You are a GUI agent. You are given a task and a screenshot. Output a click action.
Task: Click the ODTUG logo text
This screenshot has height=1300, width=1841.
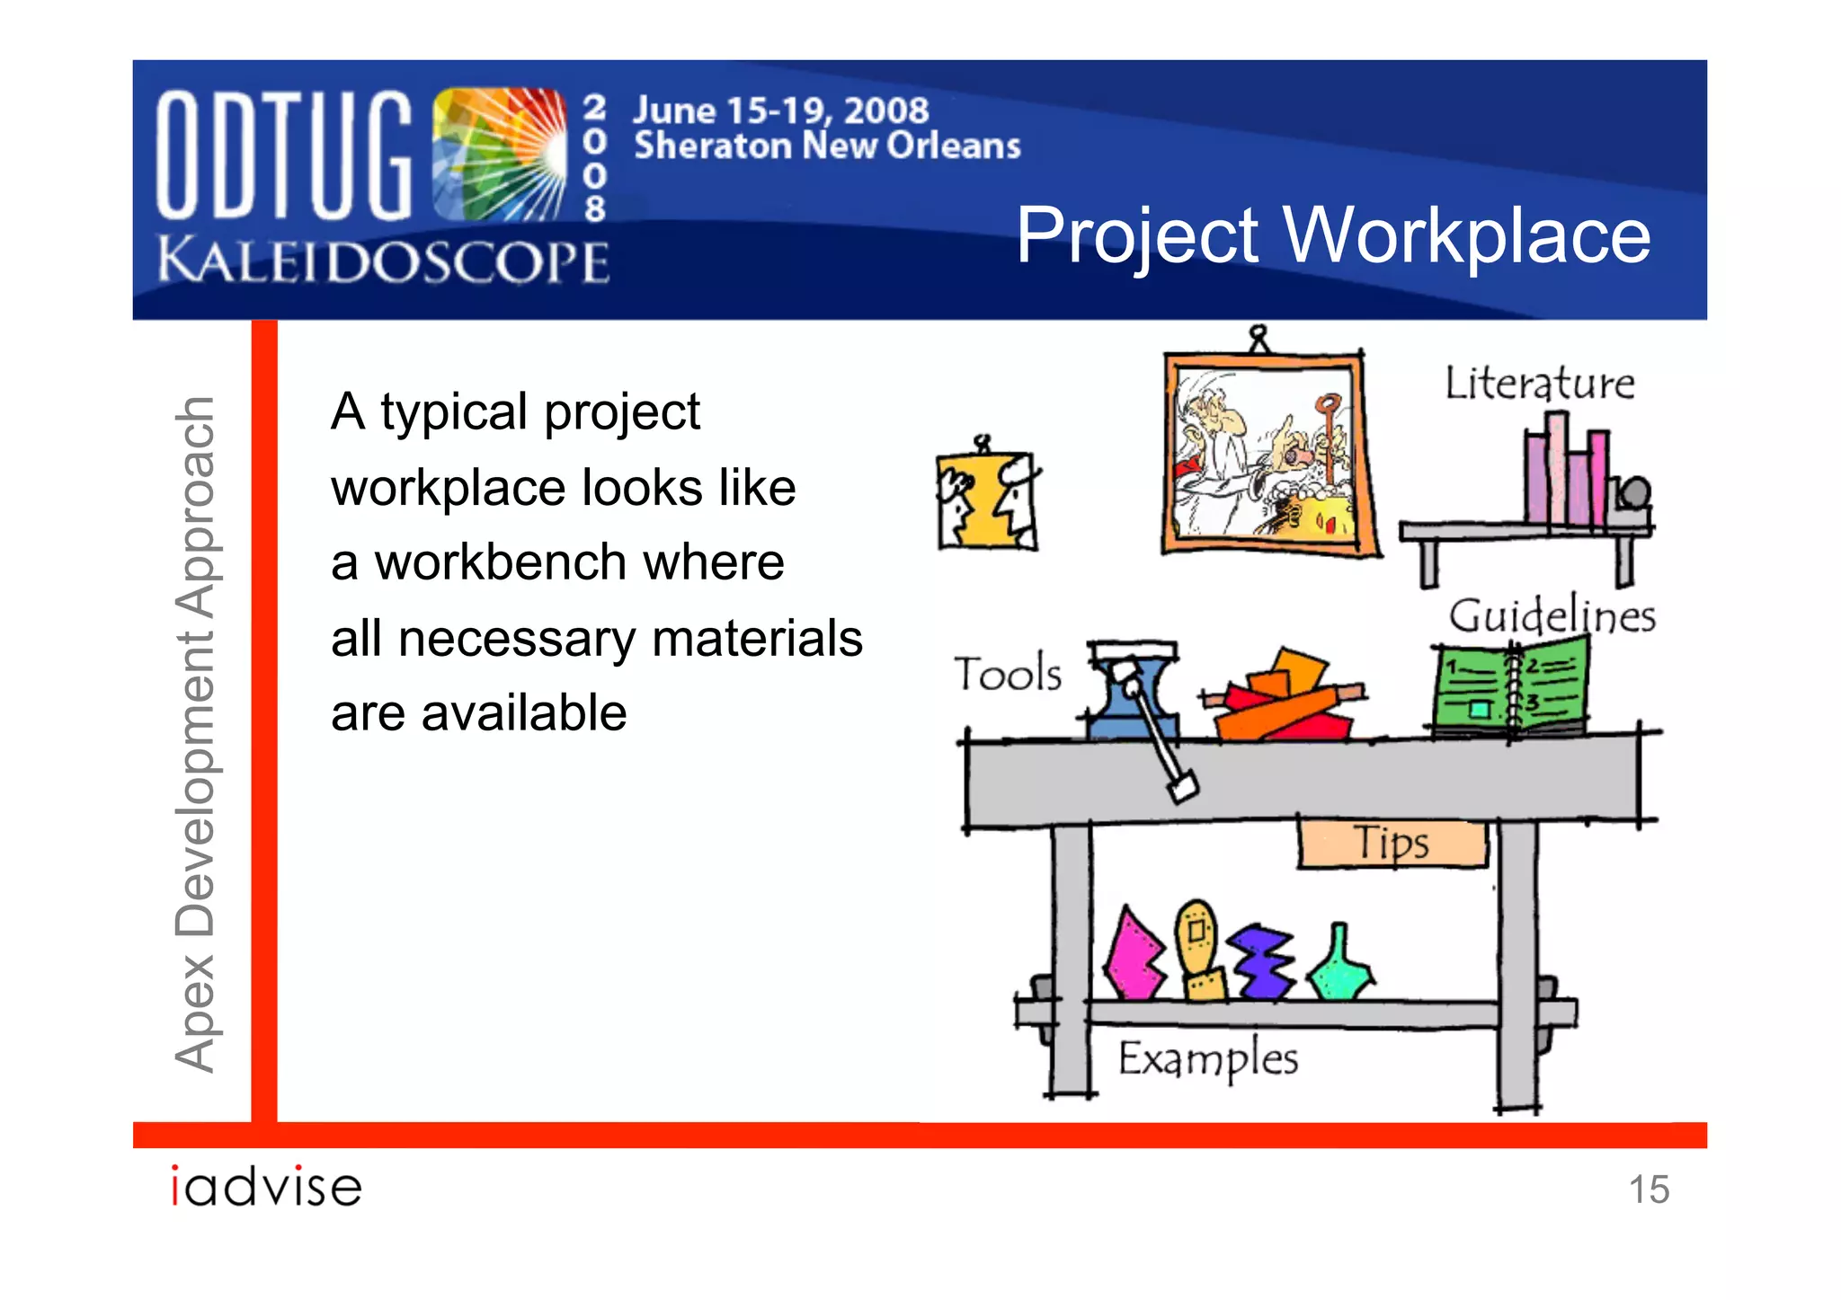point(283,155)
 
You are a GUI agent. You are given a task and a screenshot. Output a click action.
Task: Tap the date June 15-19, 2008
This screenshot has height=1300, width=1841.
point(780,111)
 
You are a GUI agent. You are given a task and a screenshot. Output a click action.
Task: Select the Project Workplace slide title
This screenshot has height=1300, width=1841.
point(1333,235)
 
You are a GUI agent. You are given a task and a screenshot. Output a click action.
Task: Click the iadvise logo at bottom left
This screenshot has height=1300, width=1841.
point(266,1187)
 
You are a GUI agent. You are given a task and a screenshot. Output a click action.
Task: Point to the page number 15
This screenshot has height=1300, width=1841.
point(1649,1189)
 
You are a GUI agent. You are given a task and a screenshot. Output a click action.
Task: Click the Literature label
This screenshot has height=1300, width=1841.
point(1539,384)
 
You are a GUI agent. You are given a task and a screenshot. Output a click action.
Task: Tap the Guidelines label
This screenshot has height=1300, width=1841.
point(1552,616)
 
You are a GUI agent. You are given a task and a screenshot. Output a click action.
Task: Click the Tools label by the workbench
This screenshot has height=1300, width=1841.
point(1008,674)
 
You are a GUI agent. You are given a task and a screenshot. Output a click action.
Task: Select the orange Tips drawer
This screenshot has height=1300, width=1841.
point(1392,844)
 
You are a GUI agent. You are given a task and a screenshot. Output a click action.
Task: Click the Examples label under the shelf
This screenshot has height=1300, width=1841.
point(1207,1058)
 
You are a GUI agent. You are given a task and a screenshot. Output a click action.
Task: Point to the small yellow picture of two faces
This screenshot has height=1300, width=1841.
point(986,500)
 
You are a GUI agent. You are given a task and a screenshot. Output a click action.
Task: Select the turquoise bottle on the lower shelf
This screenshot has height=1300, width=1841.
point(1339,966)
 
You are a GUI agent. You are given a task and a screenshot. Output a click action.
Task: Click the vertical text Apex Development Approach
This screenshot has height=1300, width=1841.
point(195,734)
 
